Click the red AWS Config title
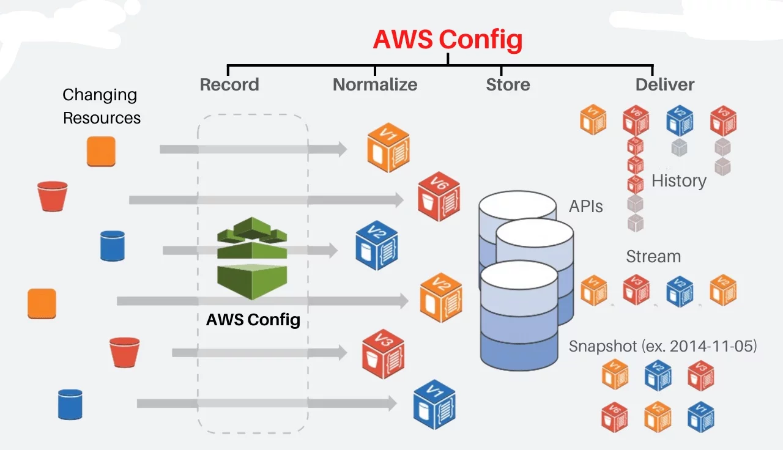(448, 40)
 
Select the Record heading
(229, 84)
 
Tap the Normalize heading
(375, 84)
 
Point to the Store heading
(508, 84)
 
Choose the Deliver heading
(665, 84)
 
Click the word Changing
(100, 95)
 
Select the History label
(679, 181)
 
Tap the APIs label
(586, 206)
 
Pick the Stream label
(653, 256)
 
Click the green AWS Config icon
(252, 258)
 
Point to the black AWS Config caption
(253, 320)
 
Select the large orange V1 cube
(388, 147)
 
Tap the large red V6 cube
(439, 196)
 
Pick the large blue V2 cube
(376, 245)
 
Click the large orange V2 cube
(441, 297)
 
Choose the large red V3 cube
(383, 354)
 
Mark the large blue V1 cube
(434, 405)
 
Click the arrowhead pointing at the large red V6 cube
(399, 200)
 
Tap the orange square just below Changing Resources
(101, 151)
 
